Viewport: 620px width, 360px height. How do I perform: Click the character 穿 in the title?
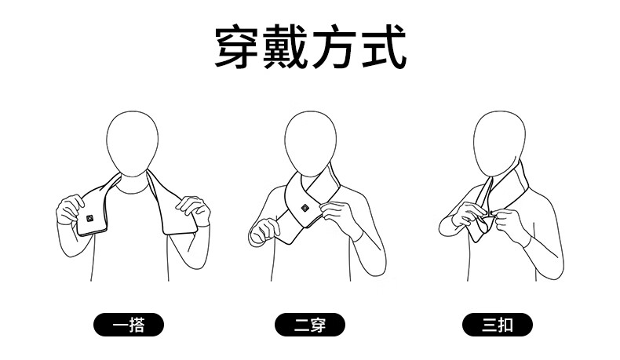[x=239, y=46]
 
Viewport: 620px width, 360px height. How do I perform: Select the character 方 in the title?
[x=335, y=46]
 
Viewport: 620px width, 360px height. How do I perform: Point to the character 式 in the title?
[x=384, y=46]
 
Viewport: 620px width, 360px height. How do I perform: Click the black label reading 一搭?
[x=129, y=325]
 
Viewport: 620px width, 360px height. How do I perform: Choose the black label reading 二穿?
[x=310, y=325]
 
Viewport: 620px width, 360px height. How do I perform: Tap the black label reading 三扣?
[x=498, y=325]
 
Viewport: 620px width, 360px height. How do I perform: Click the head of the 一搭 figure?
[x=133, y=144]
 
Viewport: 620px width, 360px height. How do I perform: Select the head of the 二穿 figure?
[x=311, y=144]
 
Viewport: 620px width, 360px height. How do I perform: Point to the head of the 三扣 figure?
[x=499, y=144]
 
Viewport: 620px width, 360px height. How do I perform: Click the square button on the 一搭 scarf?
[x=89, y=218]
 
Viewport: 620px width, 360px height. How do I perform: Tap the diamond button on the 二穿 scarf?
[x=305, y=208]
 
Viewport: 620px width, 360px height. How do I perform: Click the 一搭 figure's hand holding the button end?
[x=70, y=209]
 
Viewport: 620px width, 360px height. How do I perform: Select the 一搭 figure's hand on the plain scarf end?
[x=194, y=209]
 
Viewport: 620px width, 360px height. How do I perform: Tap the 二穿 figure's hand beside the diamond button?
[x=336, y=216]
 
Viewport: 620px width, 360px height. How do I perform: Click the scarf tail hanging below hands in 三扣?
[x=480, y=228]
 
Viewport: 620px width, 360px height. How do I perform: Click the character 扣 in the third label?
[x=505, y=325]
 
